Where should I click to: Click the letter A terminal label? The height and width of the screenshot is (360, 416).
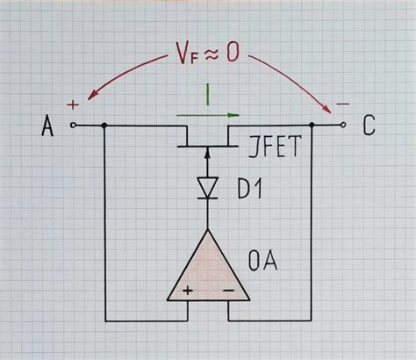[x=47, y=127]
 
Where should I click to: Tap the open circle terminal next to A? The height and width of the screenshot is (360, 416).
[x=74, y=126]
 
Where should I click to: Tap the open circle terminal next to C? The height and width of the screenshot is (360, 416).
[x=342, y=126]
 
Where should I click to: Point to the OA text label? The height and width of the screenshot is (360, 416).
[x=264, y=261]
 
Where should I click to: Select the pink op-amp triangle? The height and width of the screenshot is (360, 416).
[x=207, y=268]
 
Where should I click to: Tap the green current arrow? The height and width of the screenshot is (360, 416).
[x=208, y=114]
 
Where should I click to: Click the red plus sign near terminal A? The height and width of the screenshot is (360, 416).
[x=73, y=104]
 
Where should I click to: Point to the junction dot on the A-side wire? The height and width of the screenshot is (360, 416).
[x=104, y=126]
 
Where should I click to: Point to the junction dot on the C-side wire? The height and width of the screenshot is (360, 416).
[x=313, y=126]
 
